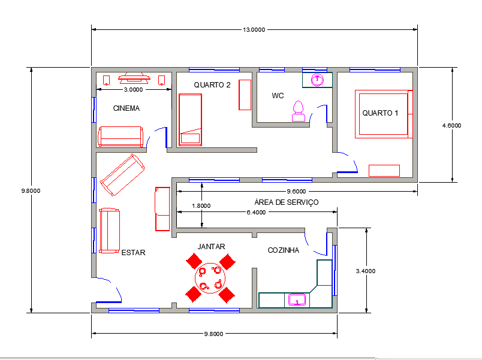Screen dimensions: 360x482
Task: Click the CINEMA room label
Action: [x=126, y=108]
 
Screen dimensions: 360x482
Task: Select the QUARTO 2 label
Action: [x=212, y=85]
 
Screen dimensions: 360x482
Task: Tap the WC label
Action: [x=278, y=95]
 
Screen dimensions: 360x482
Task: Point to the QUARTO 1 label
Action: [x=380, y=113]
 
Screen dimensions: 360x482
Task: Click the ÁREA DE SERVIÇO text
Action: [x=286, y=202]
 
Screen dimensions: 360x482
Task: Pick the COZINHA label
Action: [x=283, y=250]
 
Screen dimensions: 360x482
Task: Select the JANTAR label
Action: [x=211, y=246]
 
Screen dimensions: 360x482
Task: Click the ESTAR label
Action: [x=133, y=253]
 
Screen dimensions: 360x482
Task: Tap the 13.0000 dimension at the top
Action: [x=254, y=29]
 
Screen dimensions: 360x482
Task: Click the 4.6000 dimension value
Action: [x=451, y=126]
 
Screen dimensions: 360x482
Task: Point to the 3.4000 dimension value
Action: [x=366, y=271]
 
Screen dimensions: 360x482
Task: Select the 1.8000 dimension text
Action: [x=200, y=205]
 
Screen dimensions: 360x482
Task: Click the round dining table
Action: [x=210, y=277]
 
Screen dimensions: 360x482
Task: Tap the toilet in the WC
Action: [x=298, y=111]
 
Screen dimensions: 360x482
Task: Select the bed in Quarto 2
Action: [x=191, y=119]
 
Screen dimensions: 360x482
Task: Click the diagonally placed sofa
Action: [x=122, y=175]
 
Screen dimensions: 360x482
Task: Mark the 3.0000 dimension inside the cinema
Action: [x=133, y=89]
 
